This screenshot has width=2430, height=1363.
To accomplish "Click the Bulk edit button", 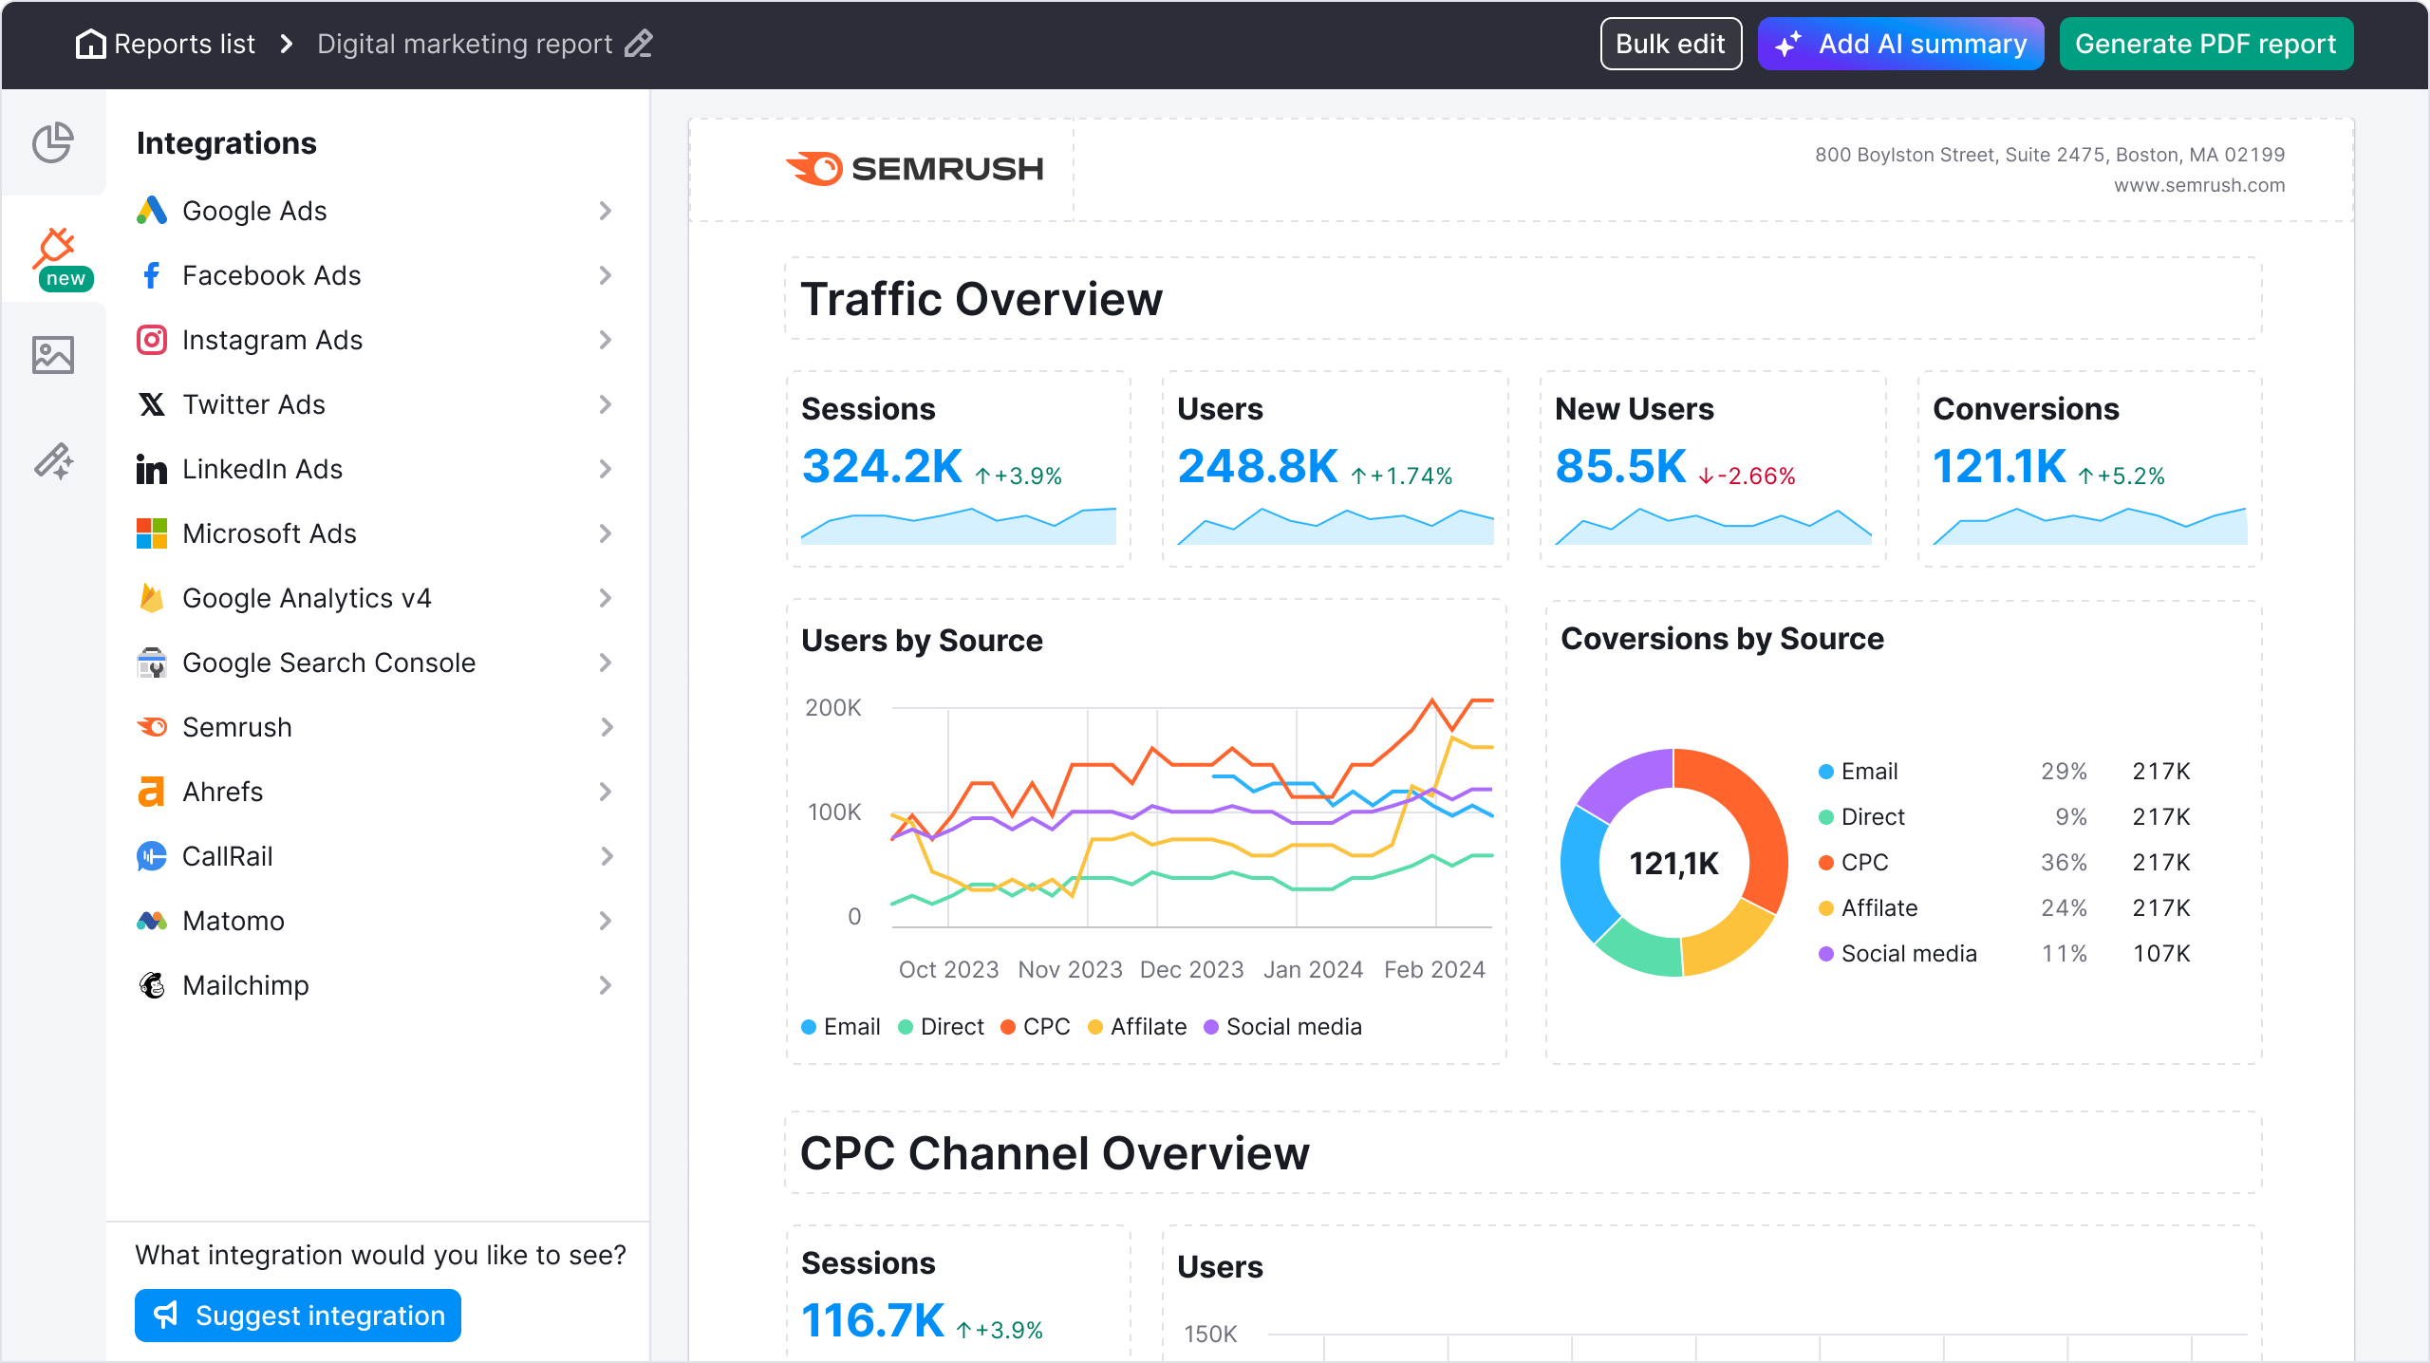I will [x=1670, y=44].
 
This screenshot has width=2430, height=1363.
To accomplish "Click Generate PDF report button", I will [x=2205, y=44].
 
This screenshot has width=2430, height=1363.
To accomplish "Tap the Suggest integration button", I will [x=298, y=1316].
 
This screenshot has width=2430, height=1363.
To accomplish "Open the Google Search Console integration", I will [x=328, y=663].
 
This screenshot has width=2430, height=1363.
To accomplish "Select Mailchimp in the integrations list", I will [x=245, y=985].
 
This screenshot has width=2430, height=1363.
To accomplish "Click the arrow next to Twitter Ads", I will [x=606, y=404].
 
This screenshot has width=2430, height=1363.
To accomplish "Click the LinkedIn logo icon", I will [x=152, y=469].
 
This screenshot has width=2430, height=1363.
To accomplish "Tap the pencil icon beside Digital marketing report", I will [x=639, y=44].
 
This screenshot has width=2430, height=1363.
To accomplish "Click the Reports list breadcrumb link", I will [x=184, y=44].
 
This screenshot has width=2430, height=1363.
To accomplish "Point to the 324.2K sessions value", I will [x=882, y=467].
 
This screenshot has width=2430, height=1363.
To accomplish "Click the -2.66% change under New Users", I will [x=1748, y=476].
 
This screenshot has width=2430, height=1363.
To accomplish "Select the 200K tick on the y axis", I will [x=832, y=708].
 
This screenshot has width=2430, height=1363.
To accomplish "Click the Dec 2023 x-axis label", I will [x=1191, y=969].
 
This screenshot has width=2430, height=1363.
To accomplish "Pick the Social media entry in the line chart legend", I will [x=1293, y=1027].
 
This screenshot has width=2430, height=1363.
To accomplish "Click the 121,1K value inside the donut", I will [x=1673, y=863].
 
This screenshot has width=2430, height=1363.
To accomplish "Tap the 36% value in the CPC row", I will [x=2064, y=863].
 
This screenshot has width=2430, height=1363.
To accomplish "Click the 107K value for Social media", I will [x=2161, y=954].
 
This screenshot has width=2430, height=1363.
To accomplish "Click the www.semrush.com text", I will [x=2198, y=185].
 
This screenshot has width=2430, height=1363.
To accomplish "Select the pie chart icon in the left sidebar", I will [x=53, y=143].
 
